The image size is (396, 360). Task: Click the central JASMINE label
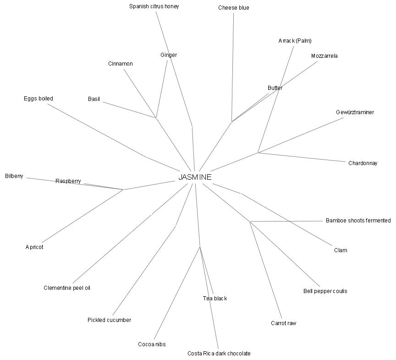[195, 177]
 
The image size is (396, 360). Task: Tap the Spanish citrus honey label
[154, 6]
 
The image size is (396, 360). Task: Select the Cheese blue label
[234, 8]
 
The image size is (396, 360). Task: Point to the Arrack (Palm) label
[295, 41]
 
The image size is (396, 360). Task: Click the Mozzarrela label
[324, 56]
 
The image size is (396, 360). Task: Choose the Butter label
[275, 88]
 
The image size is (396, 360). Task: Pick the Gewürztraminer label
[355, 112]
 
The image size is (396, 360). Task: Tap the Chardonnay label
[363, 163]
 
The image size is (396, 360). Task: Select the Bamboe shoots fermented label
[358, 221]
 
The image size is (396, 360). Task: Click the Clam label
[341, 250]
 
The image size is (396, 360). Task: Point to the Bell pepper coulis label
[325, 291]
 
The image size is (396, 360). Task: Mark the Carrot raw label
[283, 323]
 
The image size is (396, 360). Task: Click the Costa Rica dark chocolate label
[219, 353]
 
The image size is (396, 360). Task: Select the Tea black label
[215, 299]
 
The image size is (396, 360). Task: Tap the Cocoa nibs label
[152, 344]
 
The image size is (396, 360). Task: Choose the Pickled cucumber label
[109, 320]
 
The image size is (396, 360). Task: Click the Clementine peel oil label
[67, 288]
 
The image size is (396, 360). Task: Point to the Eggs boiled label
[38, 99]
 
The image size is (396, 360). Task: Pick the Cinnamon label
[121, 64]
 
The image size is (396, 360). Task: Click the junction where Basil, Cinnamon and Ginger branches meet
[156, 118]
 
